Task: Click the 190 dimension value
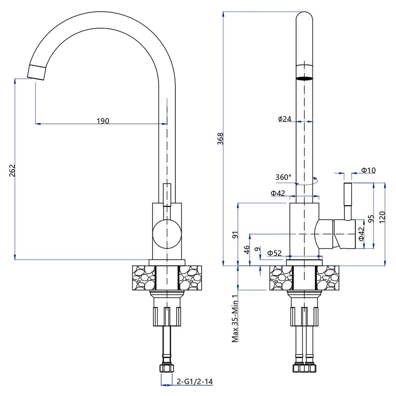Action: click(x=103, y=121)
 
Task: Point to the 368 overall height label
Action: click(x=221, y=139)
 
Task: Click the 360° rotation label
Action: click(x=283, y=177)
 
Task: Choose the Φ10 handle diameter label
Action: click(x=368, y=170)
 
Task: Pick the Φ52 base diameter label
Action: click(x=274, y=253)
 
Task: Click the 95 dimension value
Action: click(x=371, y=219)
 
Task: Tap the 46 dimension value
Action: click(x=246, y=249)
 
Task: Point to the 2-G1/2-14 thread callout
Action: click(x=195, y=382)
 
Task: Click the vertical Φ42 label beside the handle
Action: click(x=361, y=234)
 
